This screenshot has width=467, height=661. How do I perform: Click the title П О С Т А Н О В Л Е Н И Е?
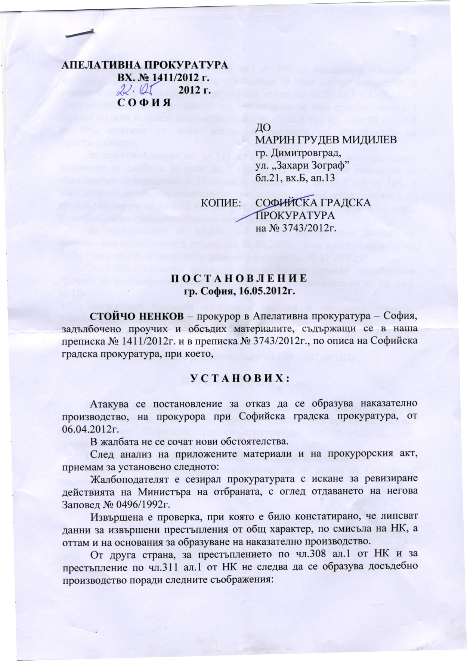point(239,278)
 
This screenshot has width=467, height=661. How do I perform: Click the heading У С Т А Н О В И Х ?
point(240,379)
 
